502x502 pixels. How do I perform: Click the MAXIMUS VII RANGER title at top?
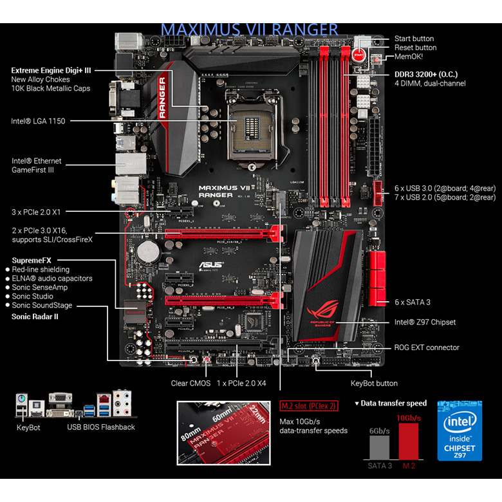(x=249, y=30)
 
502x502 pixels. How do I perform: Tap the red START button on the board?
(x=360, y=56)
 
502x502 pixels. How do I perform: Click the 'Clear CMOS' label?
(x=190, y=383)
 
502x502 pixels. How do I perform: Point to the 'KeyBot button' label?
(x=374, y=383)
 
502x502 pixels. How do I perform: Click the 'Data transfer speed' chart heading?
(x=391, y=403)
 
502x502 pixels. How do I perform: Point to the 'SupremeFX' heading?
(x=32, y=260)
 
